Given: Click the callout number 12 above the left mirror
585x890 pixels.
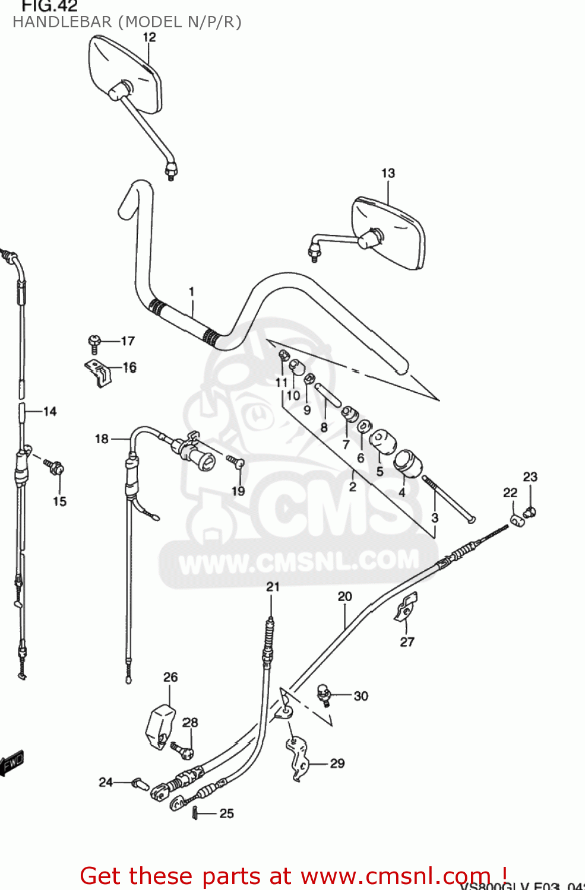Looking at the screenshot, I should click(x=149, y=37).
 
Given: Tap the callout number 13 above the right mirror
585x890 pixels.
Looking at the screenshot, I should click(x=388, y=173).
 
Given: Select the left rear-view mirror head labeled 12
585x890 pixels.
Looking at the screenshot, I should click(x=126, y=74).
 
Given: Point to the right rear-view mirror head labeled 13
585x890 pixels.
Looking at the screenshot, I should click(x=389, y=234).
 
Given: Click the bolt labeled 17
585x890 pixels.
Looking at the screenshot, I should click(x=94, y=342).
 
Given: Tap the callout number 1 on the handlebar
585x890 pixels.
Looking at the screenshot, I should click(x=191, y=291).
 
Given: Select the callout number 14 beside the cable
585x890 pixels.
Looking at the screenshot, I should click(x=50, y=411).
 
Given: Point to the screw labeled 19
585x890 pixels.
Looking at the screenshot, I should click(x=235, y=461).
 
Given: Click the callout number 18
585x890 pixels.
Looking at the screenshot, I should click(x=102, y=439).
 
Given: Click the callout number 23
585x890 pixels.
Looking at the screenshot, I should click(x=530, y=477).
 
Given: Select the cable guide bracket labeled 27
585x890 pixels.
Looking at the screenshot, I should click(x=406, y=607).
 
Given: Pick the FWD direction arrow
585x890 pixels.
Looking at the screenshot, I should click(x=12, y=764).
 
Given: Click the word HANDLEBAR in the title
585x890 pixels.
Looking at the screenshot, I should click(x=62, y=23).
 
